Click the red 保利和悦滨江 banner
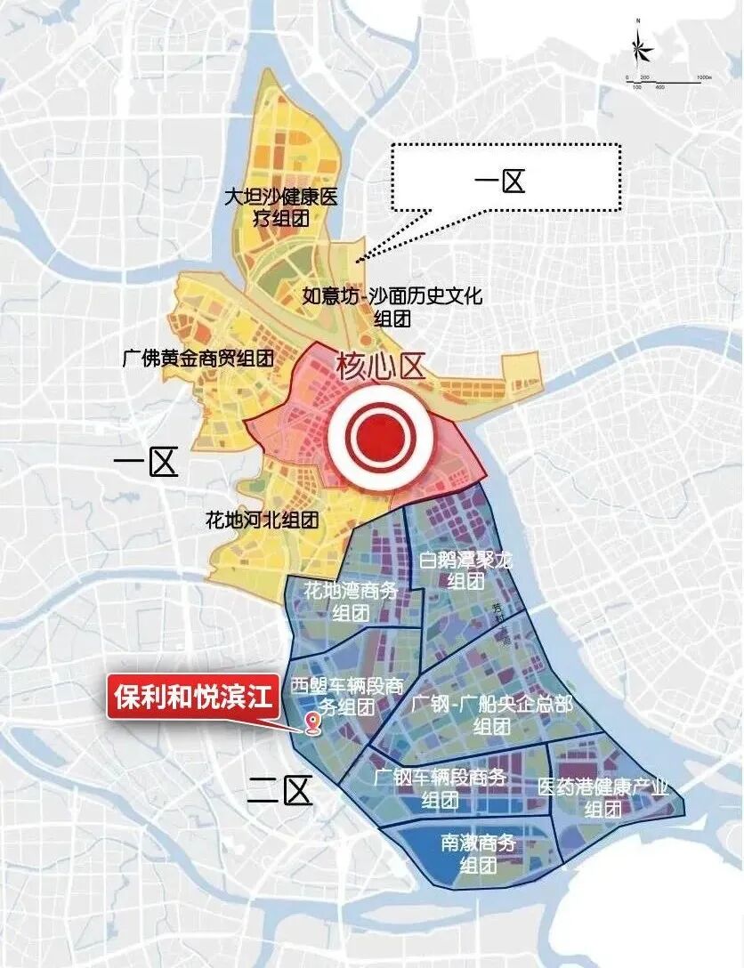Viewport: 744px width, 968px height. (193, 697)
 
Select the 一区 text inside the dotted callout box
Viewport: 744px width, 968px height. (500, 182)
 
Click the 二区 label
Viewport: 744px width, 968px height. (279, 789)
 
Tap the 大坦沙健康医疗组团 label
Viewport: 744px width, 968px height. (281, 205)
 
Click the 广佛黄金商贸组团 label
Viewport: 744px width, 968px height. (198, 359)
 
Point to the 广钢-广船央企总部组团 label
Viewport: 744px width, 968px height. (492, 714)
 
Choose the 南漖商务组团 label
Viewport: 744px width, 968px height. (477, 853)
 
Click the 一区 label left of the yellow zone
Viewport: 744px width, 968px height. (147, 463)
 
